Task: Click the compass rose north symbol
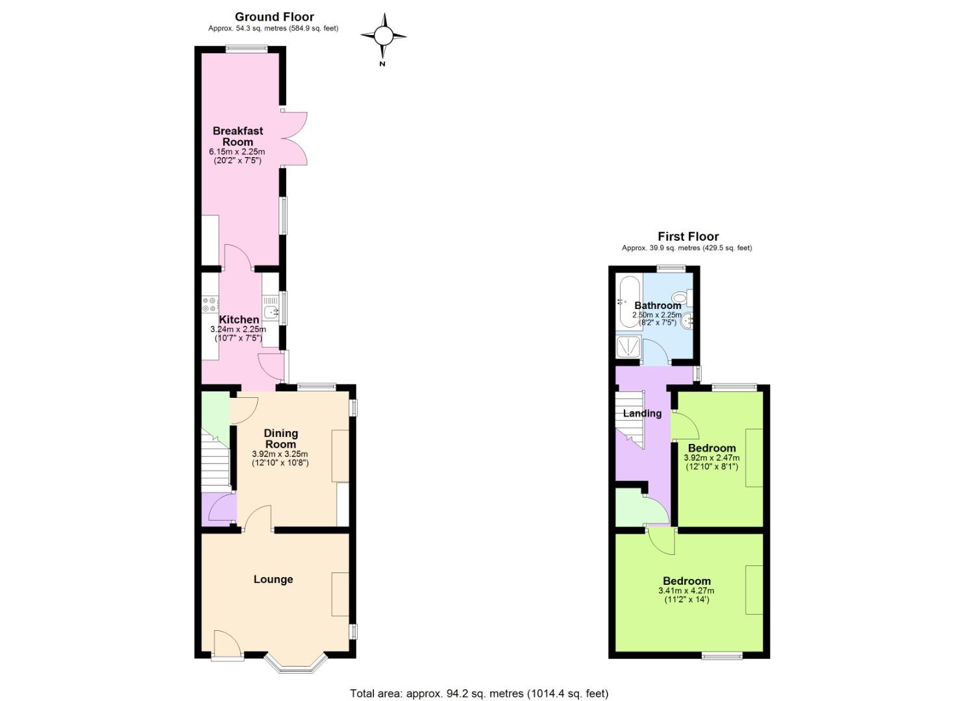click(383, 36)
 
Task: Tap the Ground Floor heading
click(274, 17)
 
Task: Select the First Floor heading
click(688, 237)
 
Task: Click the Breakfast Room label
click(238, 136)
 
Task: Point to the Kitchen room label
click(239, 319)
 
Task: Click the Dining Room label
click(280, 439)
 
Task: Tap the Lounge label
click(273, 579)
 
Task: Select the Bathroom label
click(658, 305)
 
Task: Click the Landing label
click(642, 413)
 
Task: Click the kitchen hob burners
click(210, 304)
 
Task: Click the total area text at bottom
click(479, 693)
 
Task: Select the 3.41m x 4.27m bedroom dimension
click(686, 591)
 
